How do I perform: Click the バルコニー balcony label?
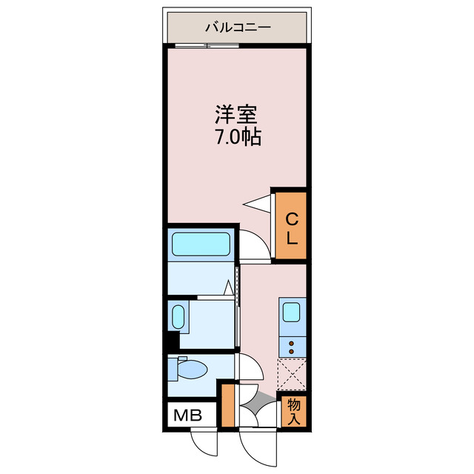point(238,28)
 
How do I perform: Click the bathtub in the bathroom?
point(201,244)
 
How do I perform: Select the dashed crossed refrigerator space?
point(291,375)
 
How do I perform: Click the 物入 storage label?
point(294,412)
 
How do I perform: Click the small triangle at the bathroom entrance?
point(229,286)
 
